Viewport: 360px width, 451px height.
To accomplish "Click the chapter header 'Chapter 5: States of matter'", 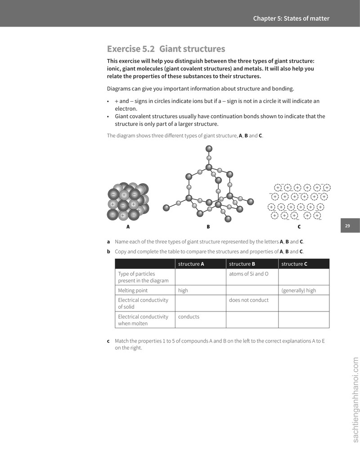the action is pos(291,18).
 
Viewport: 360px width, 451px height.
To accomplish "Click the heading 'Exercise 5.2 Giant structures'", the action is pos(166,49).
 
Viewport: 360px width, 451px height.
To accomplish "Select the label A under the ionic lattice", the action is pos(128,227).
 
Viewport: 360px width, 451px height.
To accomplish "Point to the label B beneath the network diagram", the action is pos(208,227).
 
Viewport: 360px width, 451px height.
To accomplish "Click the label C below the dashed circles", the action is pos(299,227).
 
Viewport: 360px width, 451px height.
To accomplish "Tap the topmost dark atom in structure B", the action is pos(209,149).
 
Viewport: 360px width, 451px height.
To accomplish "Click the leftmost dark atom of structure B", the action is pos(166,207).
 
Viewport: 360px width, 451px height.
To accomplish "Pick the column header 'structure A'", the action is pos(191,264).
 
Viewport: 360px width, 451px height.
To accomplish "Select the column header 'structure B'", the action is pos(242,264).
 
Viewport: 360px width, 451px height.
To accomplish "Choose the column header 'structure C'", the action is pos(294,264).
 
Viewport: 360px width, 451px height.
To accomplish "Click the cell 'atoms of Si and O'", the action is pos(249,274).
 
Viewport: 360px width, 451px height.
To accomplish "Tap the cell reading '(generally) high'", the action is pos(298,290).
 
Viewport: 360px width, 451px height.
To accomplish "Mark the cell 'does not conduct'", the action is pos(249,300).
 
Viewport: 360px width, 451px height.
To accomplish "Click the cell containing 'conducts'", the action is pos(189,317).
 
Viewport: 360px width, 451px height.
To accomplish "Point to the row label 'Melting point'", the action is pos(133,290).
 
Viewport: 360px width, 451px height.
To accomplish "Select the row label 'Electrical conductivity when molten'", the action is pos(143,320).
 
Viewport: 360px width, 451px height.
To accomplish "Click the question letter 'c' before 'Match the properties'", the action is pos(108,341).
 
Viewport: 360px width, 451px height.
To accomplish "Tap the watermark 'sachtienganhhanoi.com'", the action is pos(355,400).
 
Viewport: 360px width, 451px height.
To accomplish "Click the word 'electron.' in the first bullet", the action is pos(126,109).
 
